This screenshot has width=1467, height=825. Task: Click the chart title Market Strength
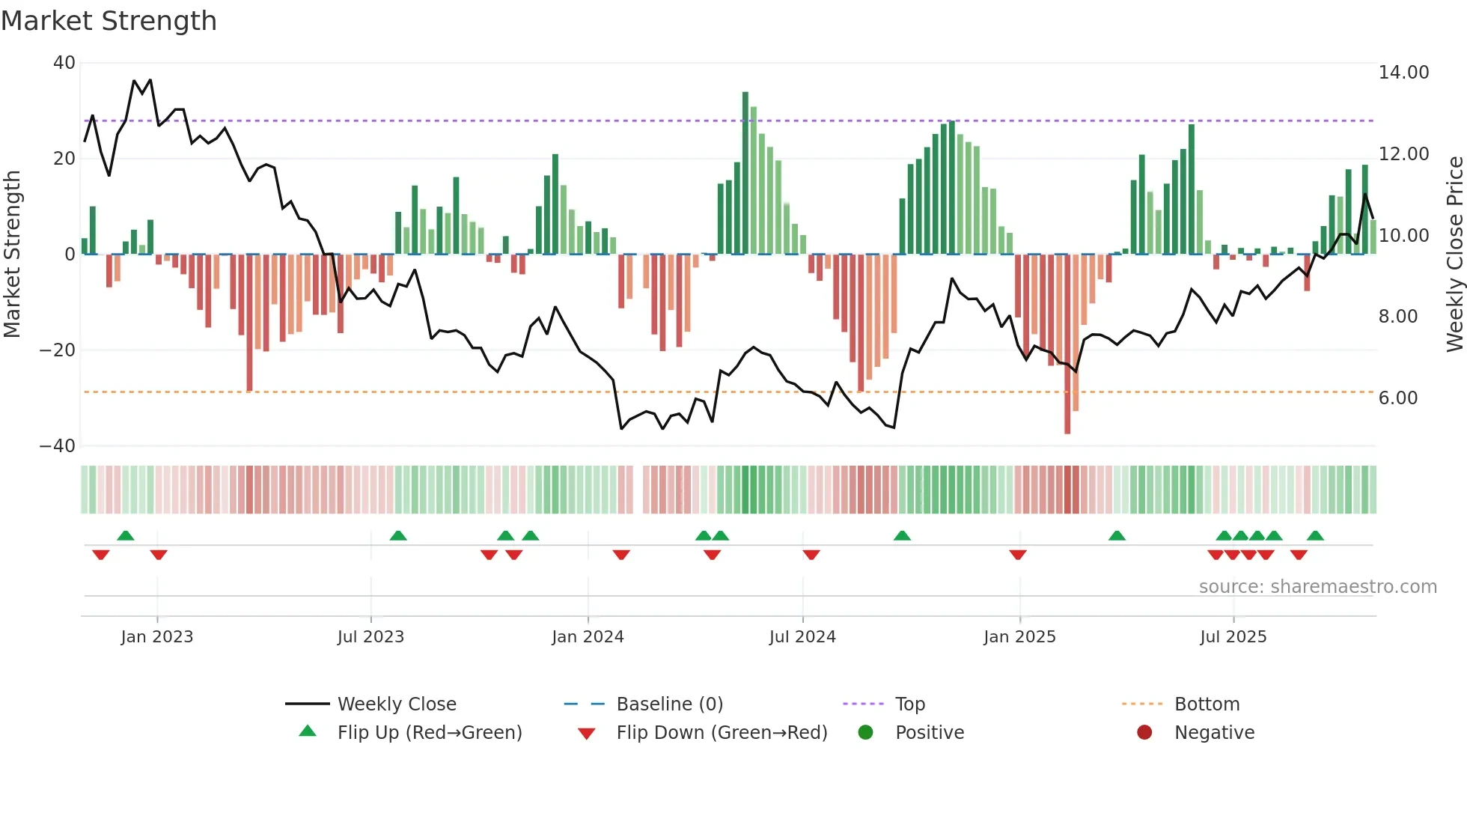tap(109, 21)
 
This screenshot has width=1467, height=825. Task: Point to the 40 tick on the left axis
tap(64, 63)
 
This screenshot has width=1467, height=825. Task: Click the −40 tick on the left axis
tap(58, 446)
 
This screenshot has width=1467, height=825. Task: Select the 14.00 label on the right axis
tap(1403, 73)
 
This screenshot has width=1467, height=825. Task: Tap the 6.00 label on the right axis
tap(1397, 398)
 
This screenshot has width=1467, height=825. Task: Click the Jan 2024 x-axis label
tap(588, 637)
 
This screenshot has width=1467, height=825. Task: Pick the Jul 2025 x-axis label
tap(1233, 637)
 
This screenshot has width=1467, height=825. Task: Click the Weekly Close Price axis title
tap(1454, 255)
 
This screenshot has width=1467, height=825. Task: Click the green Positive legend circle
tap(865, 733)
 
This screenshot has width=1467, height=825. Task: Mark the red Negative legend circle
tap(1144, 733)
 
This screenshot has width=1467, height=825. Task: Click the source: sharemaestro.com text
tap(1317, 587)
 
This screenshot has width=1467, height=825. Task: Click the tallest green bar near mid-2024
tap(745, 172)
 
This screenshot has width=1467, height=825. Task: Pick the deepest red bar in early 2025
tap(1067, 344)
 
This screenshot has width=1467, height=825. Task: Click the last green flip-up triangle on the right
tap(1315, 536)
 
